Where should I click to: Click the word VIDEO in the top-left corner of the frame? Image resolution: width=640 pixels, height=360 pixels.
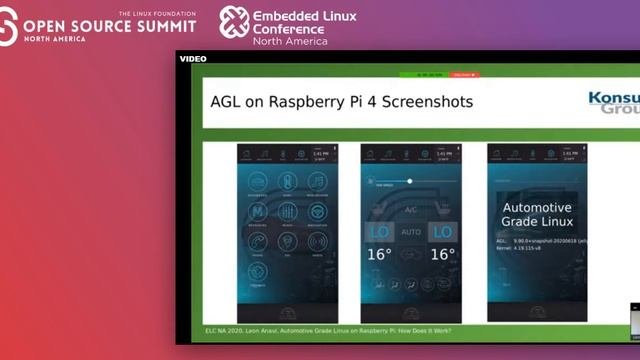coord(193,58)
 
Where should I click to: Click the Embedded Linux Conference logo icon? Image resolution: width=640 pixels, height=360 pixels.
coord(234,22)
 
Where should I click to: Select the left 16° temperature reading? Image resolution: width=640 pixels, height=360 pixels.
coord(379,254)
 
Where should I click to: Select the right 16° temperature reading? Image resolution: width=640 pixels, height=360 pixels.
coord(442,254)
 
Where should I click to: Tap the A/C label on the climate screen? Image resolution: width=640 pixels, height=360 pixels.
coord(410,210)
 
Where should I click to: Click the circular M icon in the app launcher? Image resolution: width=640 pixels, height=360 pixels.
coord(258,212)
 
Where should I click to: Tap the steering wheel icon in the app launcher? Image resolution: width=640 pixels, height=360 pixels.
coord(318,212)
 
